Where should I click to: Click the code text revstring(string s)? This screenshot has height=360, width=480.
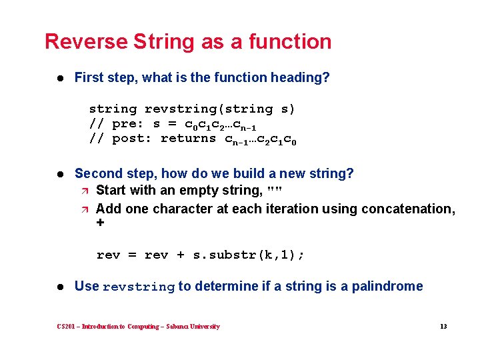[x=220, y=109]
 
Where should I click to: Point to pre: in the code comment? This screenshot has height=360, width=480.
[x=127, y=124]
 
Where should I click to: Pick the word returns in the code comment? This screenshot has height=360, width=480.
[x=189, y=139]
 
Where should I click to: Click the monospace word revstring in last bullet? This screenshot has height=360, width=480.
[x=139, y=287]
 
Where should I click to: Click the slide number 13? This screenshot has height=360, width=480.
[x=443, y=327]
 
